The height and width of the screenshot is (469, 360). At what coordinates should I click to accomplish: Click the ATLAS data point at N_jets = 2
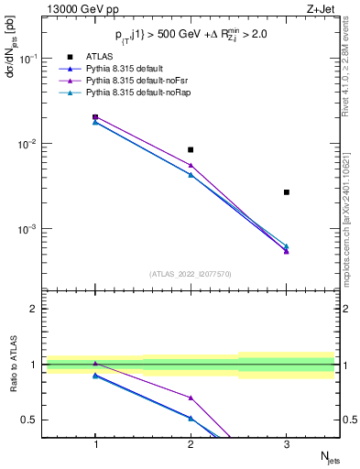click(x=191, y=149)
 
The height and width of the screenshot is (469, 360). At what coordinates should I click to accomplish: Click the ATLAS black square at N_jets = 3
click(x=287, y=192)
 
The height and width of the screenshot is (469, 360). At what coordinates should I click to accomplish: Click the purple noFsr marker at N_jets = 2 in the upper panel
click(x=191, y=166)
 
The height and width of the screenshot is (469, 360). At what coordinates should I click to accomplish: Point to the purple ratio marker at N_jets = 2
click(x=191, y=398)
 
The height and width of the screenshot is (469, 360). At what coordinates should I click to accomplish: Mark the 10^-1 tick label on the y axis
click(x=29, y=59)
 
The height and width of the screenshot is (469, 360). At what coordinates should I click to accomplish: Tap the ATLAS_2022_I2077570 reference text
click(x=191, y=274)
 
